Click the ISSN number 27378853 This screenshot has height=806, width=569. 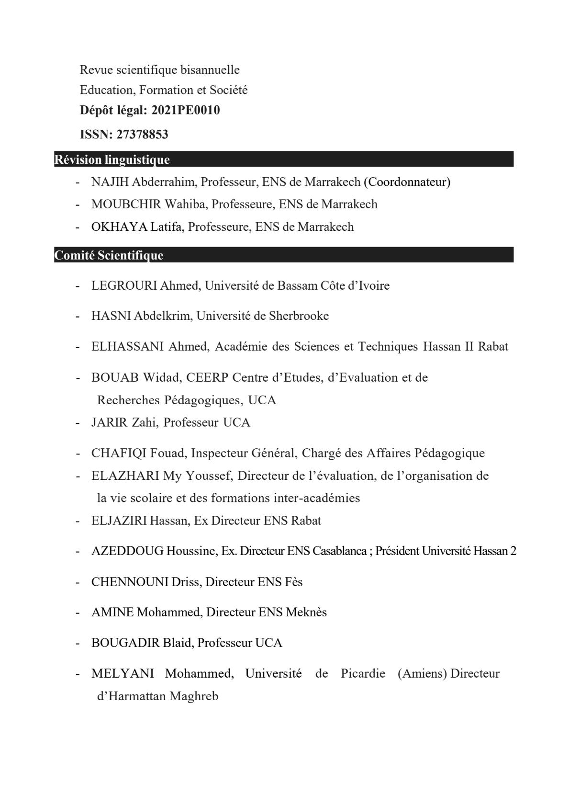142,135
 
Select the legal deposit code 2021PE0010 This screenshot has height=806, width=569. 185,111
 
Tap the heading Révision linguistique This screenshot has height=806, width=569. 112,159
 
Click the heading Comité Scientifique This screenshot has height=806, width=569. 109,255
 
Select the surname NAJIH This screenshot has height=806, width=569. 110,182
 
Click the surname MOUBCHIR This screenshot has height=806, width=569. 126,204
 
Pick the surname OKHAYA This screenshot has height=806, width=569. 119,227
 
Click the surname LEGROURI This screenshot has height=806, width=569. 124,286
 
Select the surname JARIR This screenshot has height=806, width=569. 110,423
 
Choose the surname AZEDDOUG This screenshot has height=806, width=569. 127,551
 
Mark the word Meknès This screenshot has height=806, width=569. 306,613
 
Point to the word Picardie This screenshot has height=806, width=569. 363,674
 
